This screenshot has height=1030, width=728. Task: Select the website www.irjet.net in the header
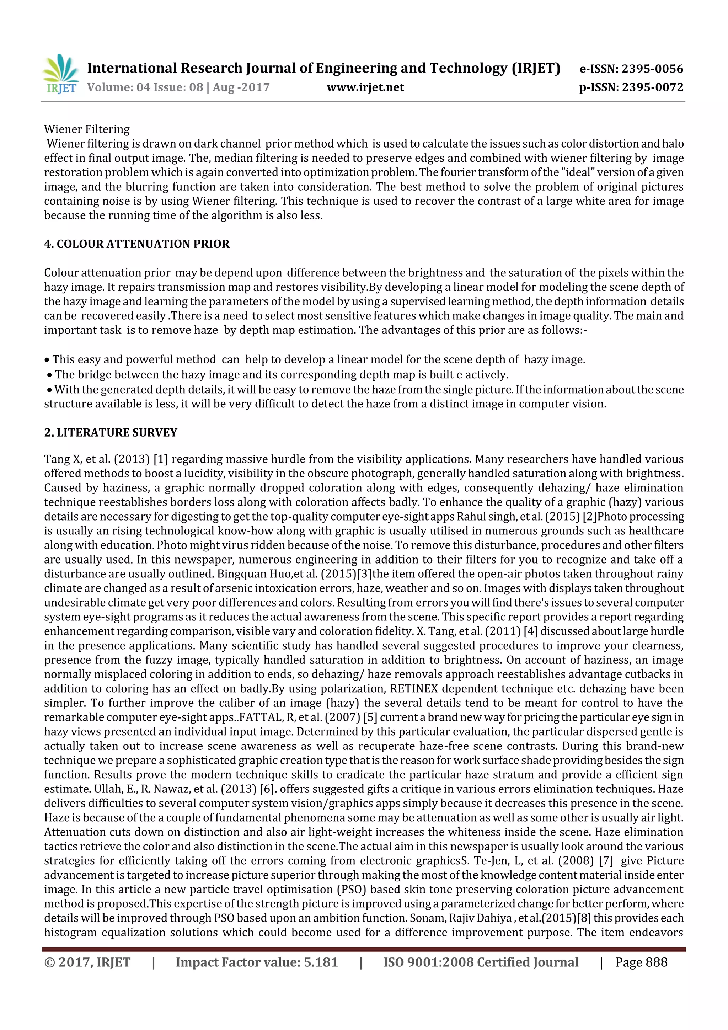tap(365, 87)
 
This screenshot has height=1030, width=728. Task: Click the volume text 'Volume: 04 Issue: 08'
tap(145, 87)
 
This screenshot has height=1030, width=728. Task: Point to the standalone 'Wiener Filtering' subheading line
tap(87, 129)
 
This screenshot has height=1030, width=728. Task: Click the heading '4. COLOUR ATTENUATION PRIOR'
tap(136, 244)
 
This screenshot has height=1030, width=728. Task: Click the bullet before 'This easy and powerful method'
tap(47, 360)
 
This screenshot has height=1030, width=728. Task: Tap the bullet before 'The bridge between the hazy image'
tap(49, 375)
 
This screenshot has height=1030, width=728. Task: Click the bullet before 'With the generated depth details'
tap(49, 390)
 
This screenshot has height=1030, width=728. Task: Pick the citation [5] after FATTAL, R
tap(370, 717)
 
